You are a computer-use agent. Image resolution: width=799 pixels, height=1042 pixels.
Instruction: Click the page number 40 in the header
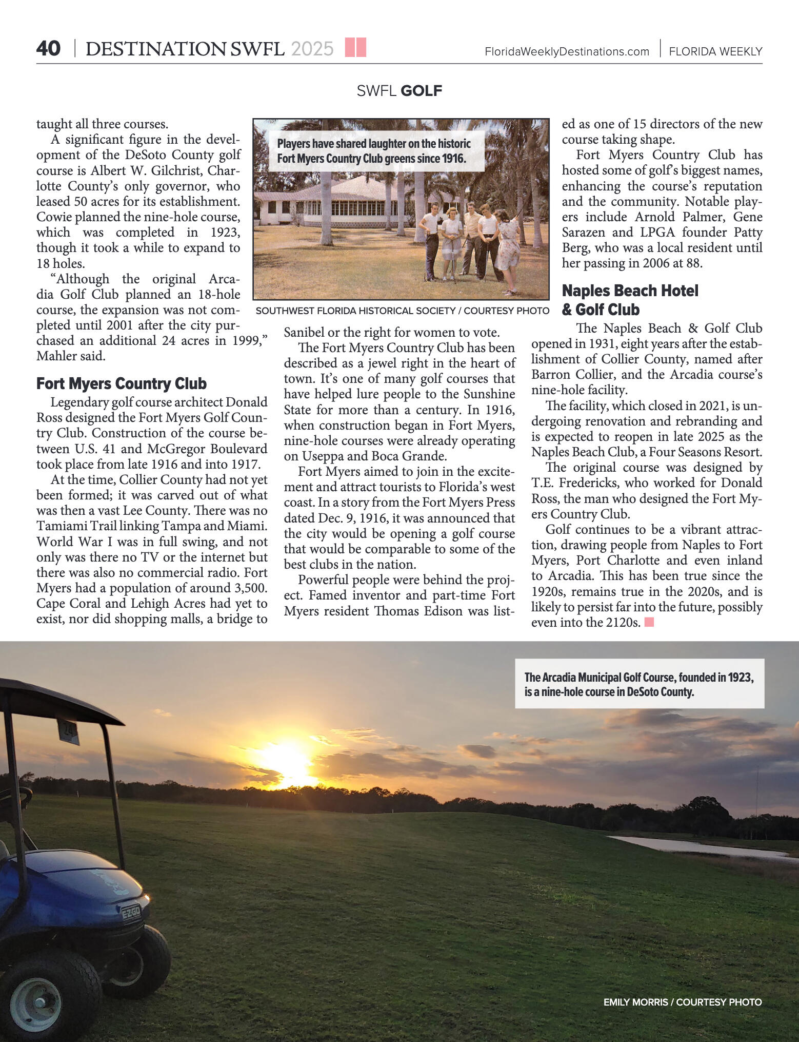click(x=48, y=49)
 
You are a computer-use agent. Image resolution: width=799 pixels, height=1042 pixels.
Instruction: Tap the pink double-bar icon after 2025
click(x=355, y=47)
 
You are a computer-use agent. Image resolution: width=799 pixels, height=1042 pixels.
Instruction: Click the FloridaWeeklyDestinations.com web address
click(x=567, y=52)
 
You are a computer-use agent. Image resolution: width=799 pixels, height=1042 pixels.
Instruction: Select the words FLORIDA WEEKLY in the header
click(x=715, y=52)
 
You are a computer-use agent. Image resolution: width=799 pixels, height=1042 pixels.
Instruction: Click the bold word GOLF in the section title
click(x=421, y=91)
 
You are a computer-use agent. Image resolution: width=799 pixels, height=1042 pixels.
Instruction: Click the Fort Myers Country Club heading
click(x=122, y=383)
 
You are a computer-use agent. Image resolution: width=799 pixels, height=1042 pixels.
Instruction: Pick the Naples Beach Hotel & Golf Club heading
click(x=630, y=300)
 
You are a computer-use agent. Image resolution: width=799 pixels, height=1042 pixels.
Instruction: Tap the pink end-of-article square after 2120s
click(x=649, y=622)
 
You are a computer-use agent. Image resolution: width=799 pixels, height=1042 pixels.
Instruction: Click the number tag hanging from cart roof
click(x=68, y=731)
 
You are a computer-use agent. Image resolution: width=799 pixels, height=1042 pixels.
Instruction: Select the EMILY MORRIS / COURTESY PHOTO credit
click(x=682, y=1002)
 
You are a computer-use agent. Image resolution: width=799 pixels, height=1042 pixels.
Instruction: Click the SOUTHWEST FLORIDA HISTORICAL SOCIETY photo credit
click(x=402, y=311)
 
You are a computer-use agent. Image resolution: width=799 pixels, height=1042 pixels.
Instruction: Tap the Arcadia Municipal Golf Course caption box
click(x=639, y=684)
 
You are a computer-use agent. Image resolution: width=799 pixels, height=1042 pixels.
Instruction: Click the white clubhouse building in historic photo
click(x=333, y=203)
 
